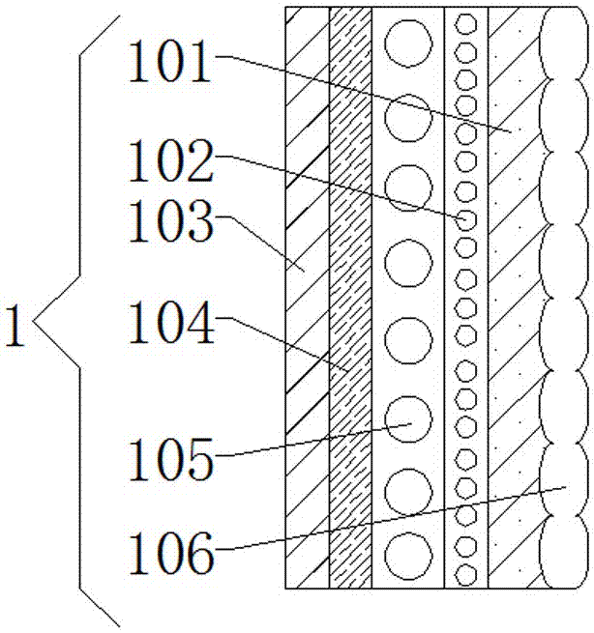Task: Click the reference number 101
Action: tap(169, 62)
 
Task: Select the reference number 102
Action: tap(170, 160)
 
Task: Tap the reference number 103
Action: tap(170, 221)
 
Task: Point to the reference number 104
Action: tap(170, 323)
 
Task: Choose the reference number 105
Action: tap(170, 459)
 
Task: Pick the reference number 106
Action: tap(170, 553)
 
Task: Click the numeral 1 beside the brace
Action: tap(15, 326)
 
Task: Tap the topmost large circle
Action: tap(408, 43)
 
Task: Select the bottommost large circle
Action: tap(408, 556)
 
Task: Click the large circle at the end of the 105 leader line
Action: tap(408, 419)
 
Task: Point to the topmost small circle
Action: tap(466, 24)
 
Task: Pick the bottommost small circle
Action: tap(466, 574)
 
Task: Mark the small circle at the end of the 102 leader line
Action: tap(466, 220)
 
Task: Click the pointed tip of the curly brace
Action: tap(33, 322)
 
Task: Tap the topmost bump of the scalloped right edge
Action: tap(564, 43)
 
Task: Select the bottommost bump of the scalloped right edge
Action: tap(564, 552)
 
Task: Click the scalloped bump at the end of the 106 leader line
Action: tap(564, 479)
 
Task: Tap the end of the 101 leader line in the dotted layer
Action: tap(510, 131)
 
